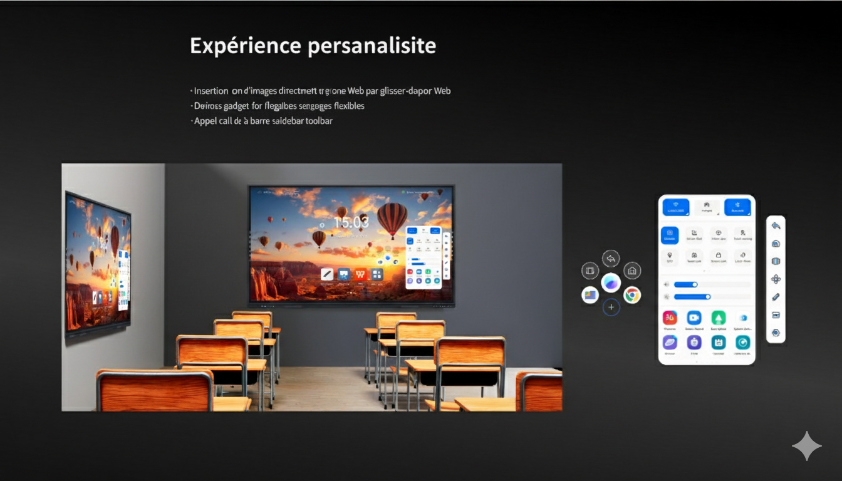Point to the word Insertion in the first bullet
click(211, 91)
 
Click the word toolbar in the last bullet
click(319, 121)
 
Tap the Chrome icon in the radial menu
click(632, 295)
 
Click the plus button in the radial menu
click(611, 308)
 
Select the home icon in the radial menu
click(632, 271)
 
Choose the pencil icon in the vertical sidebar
click(776, 297)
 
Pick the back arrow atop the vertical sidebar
click(776, 226)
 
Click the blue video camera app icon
click(694, 318)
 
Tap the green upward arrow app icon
click(718, 318)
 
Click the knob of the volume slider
click(694, 285)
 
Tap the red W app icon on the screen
click(360, 274)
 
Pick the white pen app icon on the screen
click(327, 274)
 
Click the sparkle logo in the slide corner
click(806, 446)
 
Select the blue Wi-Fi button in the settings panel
click(676, 207)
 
